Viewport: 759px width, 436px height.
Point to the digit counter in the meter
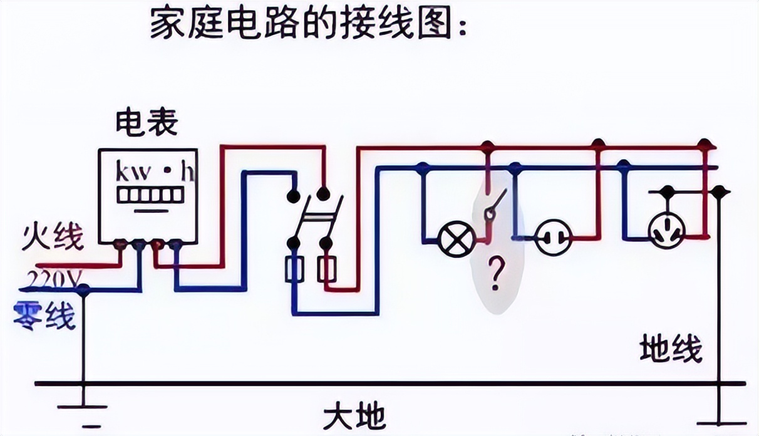coord(148,194)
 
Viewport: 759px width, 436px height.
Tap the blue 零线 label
coord(45,314)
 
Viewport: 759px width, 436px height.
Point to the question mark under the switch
coord(496,274)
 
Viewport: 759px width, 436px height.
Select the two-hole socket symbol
coord(552,237)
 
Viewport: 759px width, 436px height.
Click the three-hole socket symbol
coord(667,230)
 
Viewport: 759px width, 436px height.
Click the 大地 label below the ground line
coord(354,415)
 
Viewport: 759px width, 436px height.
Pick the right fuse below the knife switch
coord(326,269)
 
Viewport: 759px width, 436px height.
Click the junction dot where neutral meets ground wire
coord(83,289)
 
